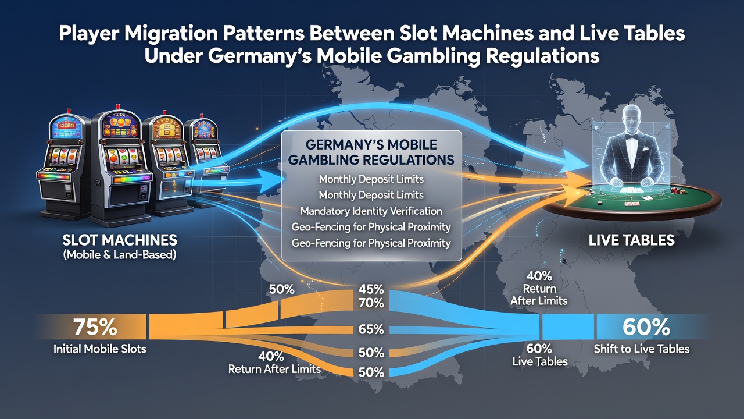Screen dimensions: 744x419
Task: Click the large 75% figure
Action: pyautogui.click(x=95, y=327)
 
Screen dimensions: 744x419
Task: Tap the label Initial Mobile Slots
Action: pyautogui.click(x=99, y=349)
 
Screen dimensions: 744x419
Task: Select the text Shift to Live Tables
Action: pyautogui.click(x=642, y=349)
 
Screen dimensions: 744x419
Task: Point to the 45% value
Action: pyautogui.click(x=371, y=289)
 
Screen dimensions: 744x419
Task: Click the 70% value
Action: pyautogui.click(x=371, y=303)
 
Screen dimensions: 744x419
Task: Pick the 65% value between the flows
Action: pyautogui.click(x=371, y=329)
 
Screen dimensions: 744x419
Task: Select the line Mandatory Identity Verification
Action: pyautogui.click(x=371, y=211)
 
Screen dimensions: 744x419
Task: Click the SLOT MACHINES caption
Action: pyautogui.click(x=120, y=240)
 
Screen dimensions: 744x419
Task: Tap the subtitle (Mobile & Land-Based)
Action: pyautogui.click(x=120, y=255)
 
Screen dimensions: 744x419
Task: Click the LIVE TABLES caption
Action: pyautogui.click(x=631, y=240)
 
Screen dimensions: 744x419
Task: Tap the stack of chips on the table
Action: pyautogui.click(x=674, y=190)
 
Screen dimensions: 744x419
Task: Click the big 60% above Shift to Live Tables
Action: pyautogui.click(x=646, y=327)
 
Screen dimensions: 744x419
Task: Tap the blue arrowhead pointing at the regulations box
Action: pyautogui.click(x=273, y=180)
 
